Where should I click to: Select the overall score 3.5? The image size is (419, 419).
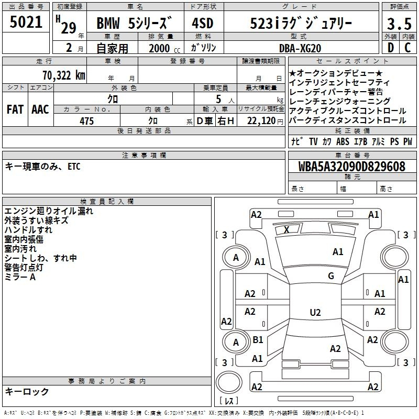[x=399, y=24]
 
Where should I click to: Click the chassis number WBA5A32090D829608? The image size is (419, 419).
[x=352, y=167]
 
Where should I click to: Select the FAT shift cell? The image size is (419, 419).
[x=15, y=109]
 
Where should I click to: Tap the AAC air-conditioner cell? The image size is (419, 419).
[x=40, y=109]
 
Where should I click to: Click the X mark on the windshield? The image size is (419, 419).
[x=286, y=229]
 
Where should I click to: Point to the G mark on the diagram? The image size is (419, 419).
[x=330, y=276]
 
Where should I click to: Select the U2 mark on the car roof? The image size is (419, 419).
[x=315, y=313]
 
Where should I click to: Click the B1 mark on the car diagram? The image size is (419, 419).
[x=258, y=340]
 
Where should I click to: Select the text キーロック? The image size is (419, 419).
[x=27, y=391]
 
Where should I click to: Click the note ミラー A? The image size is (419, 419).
[x=20, y=277]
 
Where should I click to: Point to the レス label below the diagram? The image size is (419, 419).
[x=229, y=401]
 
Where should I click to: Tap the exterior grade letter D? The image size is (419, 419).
[x=390, y=48]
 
